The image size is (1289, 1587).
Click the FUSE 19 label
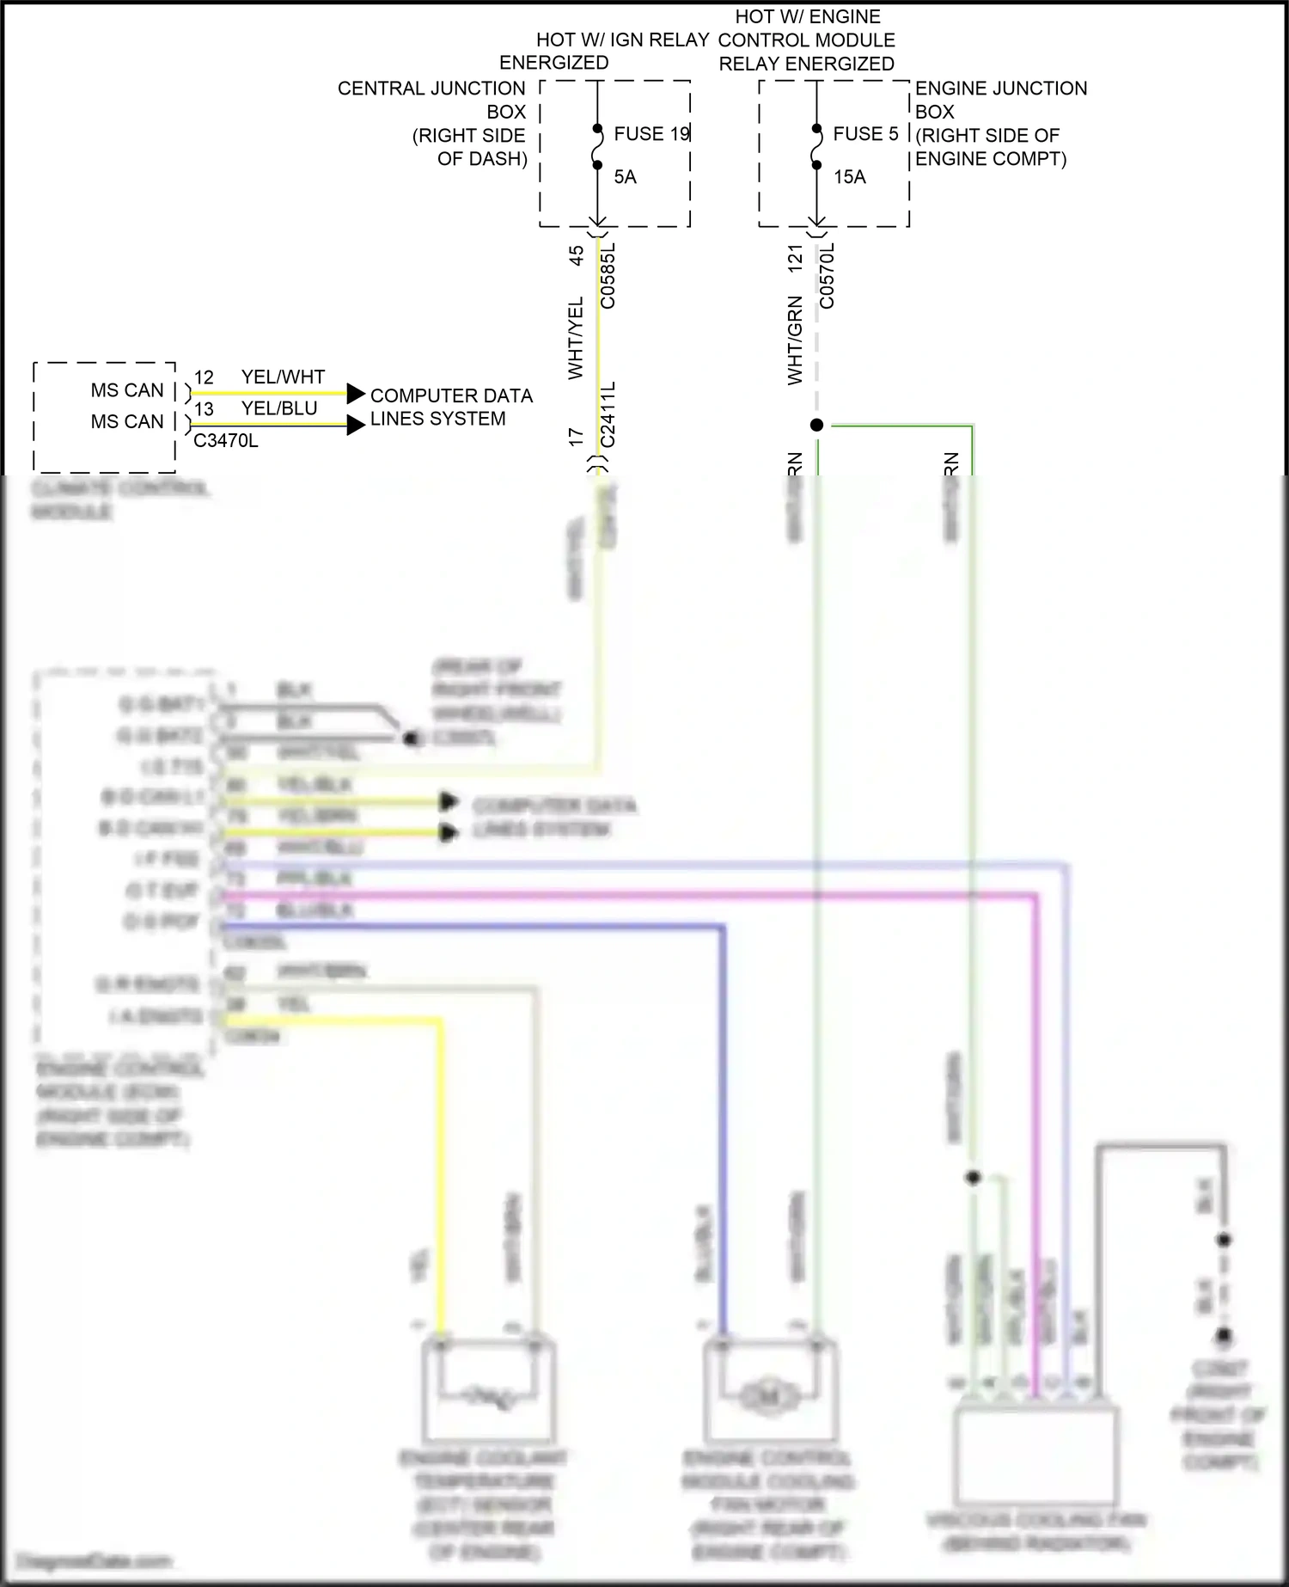(651, 134)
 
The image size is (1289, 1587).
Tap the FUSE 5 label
(865, 134)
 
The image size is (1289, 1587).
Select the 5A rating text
(625, 177)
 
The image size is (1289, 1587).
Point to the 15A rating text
(849, 177)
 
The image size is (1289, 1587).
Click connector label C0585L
(608, 275)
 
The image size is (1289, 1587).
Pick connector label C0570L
(827, 275)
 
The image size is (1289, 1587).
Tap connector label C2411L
(608, 414)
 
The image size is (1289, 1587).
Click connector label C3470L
(225, 441)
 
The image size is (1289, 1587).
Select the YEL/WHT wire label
(283, 377)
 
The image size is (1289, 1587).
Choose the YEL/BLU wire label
(279, 408)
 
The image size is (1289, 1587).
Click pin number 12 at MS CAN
(204, 378)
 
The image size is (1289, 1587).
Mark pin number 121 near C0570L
(795, 259)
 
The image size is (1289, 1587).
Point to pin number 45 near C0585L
(576, 255)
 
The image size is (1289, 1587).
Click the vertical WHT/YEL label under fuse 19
(576, 337)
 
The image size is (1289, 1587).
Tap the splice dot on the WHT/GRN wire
(816, 425)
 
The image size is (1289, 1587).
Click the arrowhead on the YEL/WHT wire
(356, 394)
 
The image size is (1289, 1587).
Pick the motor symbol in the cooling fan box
(769, 1395)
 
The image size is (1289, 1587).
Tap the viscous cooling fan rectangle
(1036, 1453)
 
